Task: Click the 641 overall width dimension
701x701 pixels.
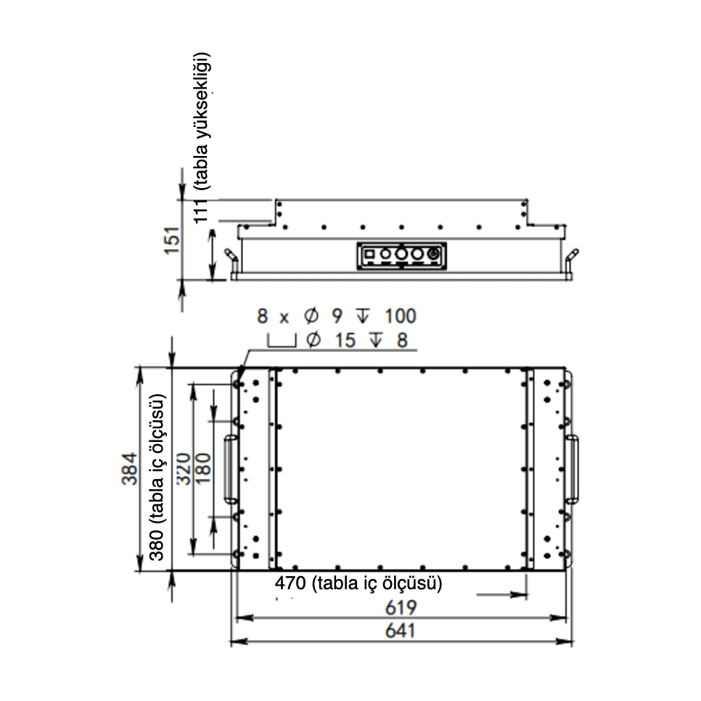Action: pos(401,631)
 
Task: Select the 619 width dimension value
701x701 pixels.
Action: pos(401,607)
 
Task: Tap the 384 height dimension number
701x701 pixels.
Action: pos(130,469)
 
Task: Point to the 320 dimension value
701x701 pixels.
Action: pos(184,469)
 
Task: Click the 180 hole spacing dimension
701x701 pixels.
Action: pos(202,469)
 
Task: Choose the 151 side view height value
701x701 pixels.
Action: pos(173,241)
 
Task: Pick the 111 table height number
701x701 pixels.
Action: pos(201,211)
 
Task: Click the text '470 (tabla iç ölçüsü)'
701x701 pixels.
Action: pos(358,583)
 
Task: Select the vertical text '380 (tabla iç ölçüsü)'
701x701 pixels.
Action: pos(157,477)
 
